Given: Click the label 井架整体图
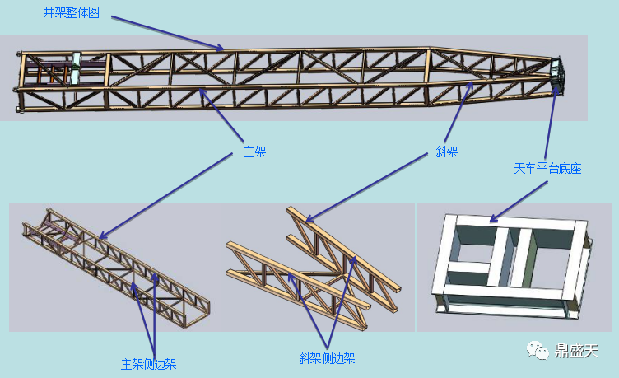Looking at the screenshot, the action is pyautogui.click(x=71, y=12).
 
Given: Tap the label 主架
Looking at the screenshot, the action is pyautogui.click(x=254, y=152).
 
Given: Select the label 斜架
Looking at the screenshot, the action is pyautogui.click(x=446, y=152).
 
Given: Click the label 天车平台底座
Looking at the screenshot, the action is pyautogui.click(x=547, y=169).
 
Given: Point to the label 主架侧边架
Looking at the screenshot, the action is pyautogui.click(x=148, y=364).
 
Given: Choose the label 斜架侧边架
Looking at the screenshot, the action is pyautogui.click(x=327, y=358).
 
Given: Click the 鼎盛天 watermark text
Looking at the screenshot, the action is pyautogui.click(x=576, y=350).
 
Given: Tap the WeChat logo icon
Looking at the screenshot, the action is pyautogui.click(x=538, y=350).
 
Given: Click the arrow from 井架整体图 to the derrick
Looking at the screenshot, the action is pyautogui.click(x=167, y=33).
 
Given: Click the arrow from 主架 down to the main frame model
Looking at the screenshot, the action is pyautogui.click(x=165, y=196).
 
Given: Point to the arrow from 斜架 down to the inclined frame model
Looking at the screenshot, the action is pyautogui.click(x=367, y=188).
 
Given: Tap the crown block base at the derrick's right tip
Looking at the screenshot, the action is pyautogui.click(x=557, y=76).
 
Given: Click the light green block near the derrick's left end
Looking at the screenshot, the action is pyautogui.click(x=75, y=68).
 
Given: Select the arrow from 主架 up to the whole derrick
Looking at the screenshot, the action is pyautogui.click(x=221, y=115).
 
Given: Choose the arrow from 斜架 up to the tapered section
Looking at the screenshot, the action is pyautogui.click(x=458, y=111).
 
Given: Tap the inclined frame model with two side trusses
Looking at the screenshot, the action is pyautogui.click(x=314, y=268).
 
